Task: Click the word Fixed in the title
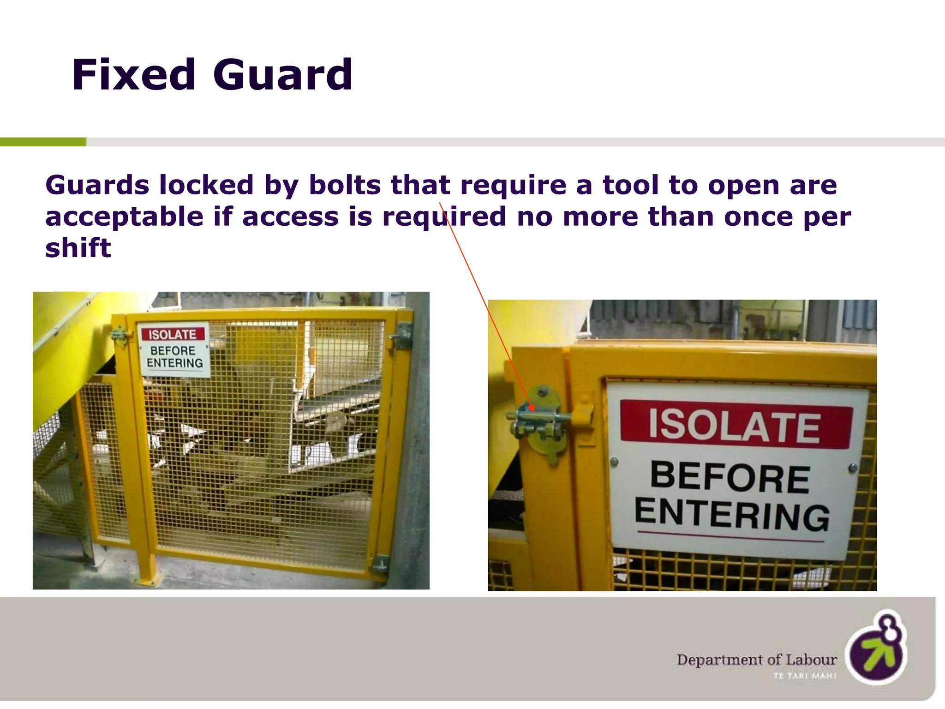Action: [134, 75]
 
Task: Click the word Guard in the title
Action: [282, 75]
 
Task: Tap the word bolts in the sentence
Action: [345, 185]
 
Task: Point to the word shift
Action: [78, 248]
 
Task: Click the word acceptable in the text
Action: [124, 217]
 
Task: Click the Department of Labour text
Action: [756, 660]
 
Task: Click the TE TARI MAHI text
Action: [805, 676]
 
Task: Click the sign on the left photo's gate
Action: [174, 350]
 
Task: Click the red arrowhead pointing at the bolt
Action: [531, 408]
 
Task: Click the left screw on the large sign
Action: [614, 462]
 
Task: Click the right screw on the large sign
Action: [853, 468]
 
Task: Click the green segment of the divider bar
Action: [43, 142]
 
